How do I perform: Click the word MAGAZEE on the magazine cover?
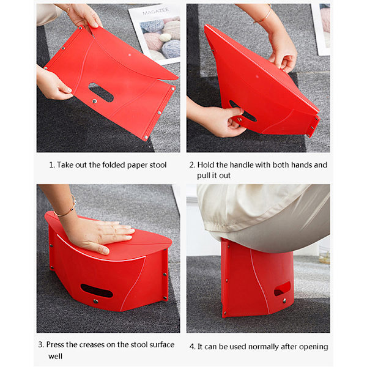(x=155, y=11)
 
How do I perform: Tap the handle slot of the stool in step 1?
(x=101, y=92)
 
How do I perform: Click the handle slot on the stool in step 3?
(x=97, y=291)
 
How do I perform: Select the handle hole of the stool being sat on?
(x=282, y=289)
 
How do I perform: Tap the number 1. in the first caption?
(x=52, y=165)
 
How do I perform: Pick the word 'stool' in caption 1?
(x=158, y=165)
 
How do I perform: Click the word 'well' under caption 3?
(x=55, y=356)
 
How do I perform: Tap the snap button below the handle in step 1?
(x=95, y=101)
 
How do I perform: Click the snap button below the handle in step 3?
(x=95, y=301)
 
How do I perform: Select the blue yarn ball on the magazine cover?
(x=171, y=49)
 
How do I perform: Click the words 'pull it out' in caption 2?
(x=213, y=176)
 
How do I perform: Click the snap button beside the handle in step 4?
(x=284, y=300)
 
